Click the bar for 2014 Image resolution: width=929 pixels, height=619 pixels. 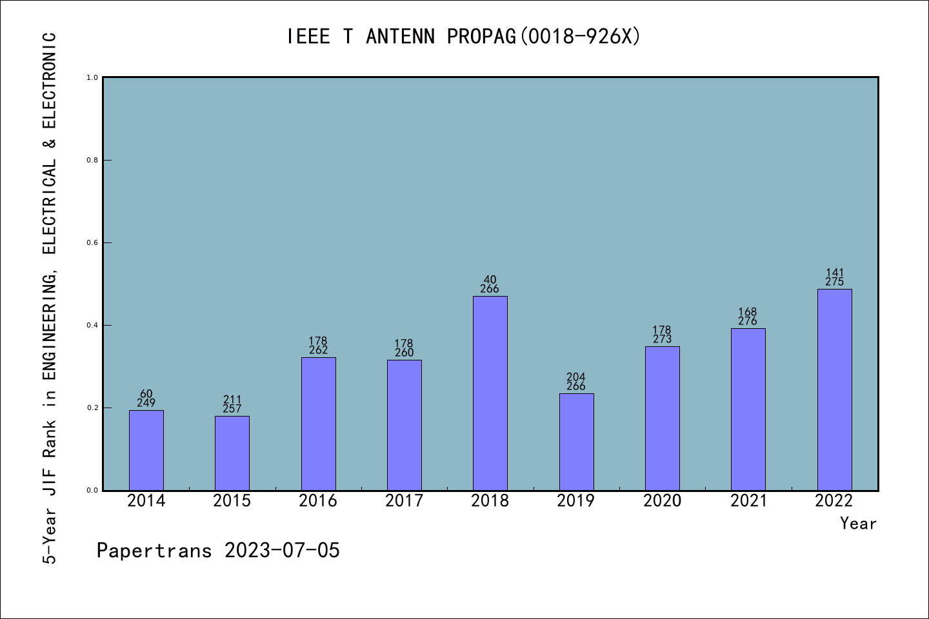point(146,450)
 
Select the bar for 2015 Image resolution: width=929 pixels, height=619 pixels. point(232,453)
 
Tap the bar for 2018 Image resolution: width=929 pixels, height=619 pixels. point(490,393)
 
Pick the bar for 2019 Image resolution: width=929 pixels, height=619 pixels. point(576,442)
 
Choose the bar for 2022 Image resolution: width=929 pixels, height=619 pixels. point(834,389)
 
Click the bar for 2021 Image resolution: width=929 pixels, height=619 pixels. point(748,409)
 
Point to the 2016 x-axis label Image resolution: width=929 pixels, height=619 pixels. point(318,501)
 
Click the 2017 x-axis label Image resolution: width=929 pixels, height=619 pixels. point(404,501)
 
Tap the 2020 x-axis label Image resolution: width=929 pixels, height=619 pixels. point(662,501)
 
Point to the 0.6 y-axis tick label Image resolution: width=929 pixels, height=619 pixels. point(92,242)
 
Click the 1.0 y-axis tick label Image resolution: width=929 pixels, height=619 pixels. point(92,77)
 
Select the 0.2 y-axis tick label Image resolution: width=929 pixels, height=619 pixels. point(92,408)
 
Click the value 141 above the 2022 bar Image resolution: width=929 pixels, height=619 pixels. point(835,273)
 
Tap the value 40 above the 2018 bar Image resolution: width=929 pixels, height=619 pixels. point(490,280)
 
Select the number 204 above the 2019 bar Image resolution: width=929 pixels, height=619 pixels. point(576,377)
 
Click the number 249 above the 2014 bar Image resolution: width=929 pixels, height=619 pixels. point(146,403)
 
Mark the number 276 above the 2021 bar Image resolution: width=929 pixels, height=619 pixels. point(748,321)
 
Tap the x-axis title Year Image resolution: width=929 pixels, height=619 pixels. point(858,524)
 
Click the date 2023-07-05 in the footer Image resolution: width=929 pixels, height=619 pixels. point(282,551)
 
